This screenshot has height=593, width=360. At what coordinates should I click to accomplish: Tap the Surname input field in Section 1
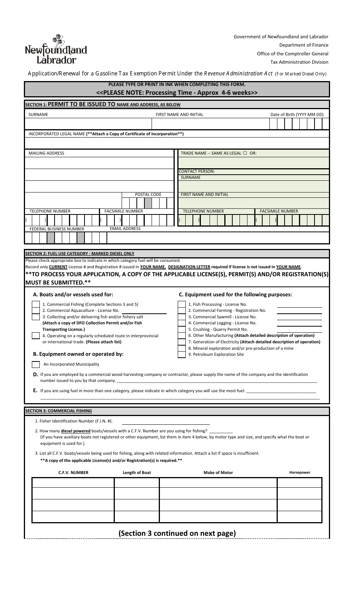[x=88, y=124]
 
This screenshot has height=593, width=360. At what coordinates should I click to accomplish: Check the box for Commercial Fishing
[x=36, y=304]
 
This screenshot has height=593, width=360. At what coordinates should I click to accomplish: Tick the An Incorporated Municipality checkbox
[x=36, y=365]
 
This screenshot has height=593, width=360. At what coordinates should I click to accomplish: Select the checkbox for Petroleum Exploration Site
[x=182, y=355]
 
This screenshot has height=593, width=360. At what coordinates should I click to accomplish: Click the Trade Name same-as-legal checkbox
[x=245, y=153]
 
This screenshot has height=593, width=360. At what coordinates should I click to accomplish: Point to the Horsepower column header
[x=300, y=473]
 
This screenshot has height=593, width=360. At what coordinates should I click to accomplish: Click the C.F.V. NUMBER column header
[x=73, y=473]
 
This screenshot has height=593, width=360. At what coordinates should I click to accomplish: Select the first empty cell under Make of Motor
[x=218, y=482]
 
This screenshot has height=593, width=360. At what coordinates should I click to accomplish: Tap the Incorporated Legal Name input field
[x=177, y=143]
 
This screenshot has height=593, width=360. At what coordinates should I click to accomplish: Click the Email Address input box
[x=218, y=238]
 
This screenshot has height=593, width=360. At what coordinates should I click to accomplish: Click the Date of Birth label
[x=297, y=114]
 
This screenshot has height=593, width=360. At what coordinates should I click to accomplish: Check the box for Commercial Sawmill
[x=182, y=317]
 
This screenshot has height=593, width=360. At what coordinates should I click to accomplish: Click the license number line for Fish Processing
[x=299, y=305]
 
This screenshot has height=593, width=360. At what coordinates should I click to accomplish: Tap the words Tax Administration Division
[x=299, y=62]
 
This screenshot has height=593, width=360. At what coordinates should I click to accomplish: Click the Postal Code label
[x=148, y=194]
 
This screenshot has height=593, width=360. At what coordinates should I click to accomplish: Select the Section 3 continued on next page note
[x=177, y=533]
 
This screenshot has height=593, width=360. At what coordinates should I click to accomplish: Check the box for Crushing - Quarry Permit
[x=182, y=329]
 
